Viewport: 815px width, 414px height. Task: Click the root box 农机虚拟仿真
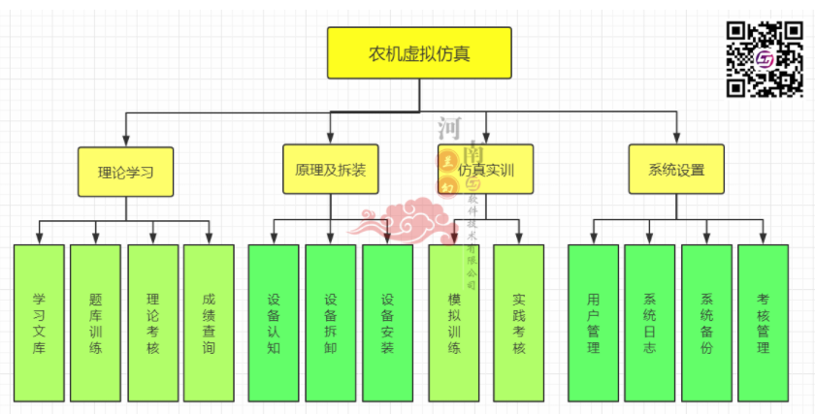pos(419,52)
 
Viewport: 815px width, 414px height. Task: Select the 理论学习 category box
pos(126,172)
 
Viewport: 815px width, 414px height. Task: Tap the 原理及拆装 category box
pos(330,170)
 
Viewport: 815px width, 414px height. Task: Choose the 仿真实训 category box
pos(485,170)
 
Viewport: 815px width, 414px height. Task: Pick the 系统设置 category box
pos(676,170)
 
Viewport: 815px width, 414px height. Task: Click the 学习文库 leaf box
pos(39,323)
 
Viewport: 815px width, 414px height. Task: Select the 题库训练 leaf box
pos(95,323)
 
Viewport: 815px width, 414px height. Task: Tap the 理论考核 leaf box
pos(152,323)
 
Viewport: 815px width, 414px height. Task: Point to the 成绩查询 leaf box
pos(209,323)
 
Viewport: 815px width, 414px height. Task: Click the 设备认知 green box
pos(274,323)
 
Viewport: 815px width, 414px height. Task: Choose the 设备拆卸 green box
pos(331,323)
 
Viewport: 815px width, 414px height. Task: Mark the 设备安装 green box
pos(388,323)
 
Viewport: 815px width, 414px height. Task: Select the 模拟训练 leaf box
pos(454,323)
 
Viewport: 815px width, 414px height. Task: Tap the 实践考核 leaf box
pos(519,323)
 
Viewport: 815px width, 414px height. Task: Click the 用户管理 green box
pos(593,323)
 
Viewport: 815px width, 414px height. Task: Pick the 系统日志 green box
pos(649,323)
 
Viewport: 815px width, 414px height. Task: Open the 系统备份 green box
pos(706,323)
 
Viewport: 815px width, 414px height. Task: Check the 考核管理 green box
pos(764,323)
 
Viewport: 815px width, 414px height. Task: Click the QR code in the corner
pos(766,59)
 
